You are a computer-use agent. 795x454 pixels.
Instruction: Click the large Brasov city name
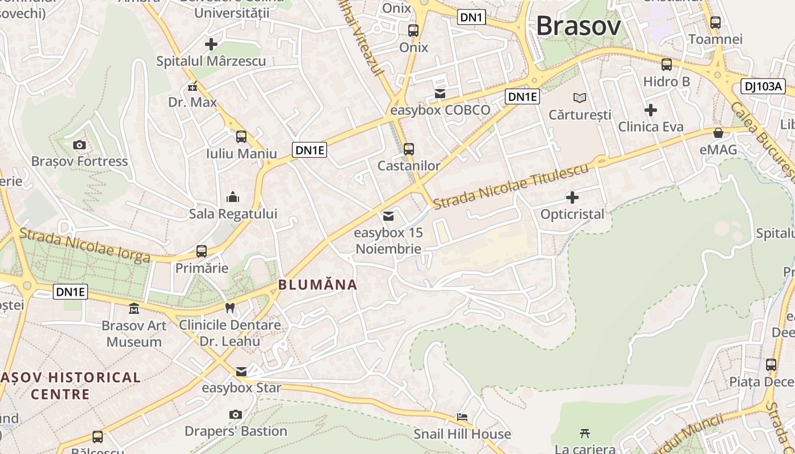578,26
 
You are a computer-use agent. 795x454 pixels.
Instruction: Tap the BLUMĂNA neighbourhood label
317,285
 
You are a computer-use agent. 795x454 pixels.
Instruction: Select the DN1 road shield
471,18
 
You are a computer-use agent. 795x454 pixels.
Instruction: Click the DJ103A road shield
763,87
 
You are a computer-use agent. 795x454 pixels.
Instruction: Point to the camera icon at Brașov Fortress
79,145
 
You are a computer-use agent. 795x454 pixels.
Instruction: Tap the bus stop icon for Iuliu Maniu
241,136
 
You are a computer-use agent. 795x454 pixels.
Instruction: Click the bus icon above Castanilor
409,149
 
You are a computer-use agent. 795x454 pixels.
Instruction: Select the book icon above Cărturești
579,98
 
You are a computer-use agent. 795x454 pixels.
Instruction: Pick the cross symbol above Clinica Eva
651,110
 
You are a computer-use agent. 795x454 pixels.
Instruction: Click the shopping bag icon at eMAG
718,133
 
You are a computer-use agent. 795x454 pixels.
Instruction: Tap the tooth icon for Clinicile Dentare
230,308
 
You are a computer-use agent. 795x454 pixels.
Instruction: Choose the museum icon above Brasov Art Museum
134,309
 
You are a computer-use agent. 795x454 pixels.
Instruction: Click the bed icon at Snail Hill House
462,417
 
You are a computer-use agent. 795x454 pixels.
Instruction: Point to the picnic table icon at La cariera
585,433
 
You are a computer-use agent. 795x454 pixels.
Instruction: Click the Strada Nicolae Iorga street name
85,245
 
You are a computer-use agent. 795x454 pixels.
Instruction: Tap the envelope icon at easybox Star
241,372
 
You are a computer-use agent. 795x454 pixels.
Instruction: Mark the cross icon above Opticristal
572,197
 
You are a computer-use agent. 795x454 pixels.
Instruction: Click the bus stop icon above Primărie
201,251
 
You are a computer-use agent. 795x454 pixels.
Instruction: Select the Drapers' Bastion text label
236,431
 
